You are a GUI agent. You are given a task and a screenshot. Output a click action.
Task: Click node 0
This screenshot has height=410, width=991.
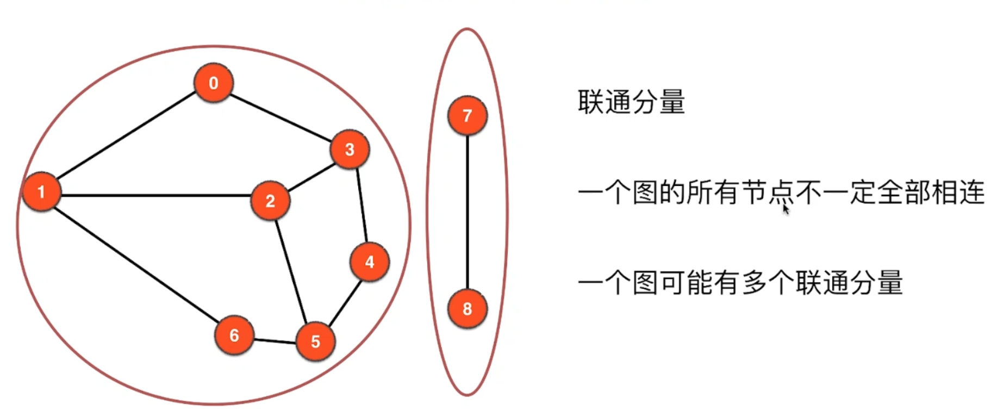coord(214,83)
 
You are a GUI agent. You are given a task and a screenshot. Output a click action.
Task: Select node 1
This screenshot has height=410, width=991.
coord(41,191)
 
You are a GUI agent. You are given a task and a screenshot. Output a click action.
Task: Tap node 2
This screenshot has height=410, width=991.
coord(270,201)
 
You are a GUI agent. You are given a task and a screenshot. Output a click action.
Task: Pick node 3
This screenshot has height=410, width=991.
coord(350,150)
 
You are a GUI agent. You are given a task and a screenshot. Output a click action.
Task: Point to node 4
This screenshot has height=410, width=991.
coord(370,262)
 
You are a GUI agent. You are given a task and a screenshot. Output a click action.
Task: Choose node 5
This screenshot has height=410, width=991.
coord(315,341)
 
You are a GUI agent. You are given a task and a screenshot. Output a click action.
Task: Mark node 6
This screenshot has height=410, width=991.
coord(234,335)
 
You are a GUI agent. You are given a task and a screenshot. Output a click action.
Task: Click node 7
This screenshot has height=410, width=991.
coord(467,115)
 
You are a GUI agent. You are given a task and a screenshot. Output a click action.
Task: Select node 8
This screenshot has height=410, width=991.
coord(467,309)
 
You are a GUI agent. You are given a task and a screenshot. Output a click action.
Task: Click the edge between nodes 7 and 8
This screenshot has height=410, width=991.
coord(467,212)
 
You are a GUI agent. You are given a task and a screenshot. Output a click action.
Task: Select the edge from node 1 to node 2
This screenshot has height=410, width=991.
coord(155,195)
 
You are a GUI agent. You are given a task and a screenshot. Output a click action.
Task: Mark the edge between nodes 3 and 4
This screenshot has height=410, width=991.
coord(362,206)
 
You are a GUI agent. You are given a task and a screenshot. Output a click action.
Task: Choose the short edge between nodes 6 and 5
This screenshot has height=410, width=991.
coord(275,341)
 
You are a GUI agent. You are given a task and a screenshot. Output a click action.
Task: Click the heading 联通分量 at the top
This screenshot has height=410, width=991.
coord(631,102)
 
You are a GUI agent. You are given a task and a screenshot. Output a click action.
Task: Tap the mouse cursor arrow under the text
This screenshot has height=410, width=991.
coord(786,209)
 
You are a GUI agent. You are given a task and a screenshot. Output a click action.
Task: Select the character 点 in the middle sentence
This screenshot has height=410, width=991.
coord(782,192)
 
